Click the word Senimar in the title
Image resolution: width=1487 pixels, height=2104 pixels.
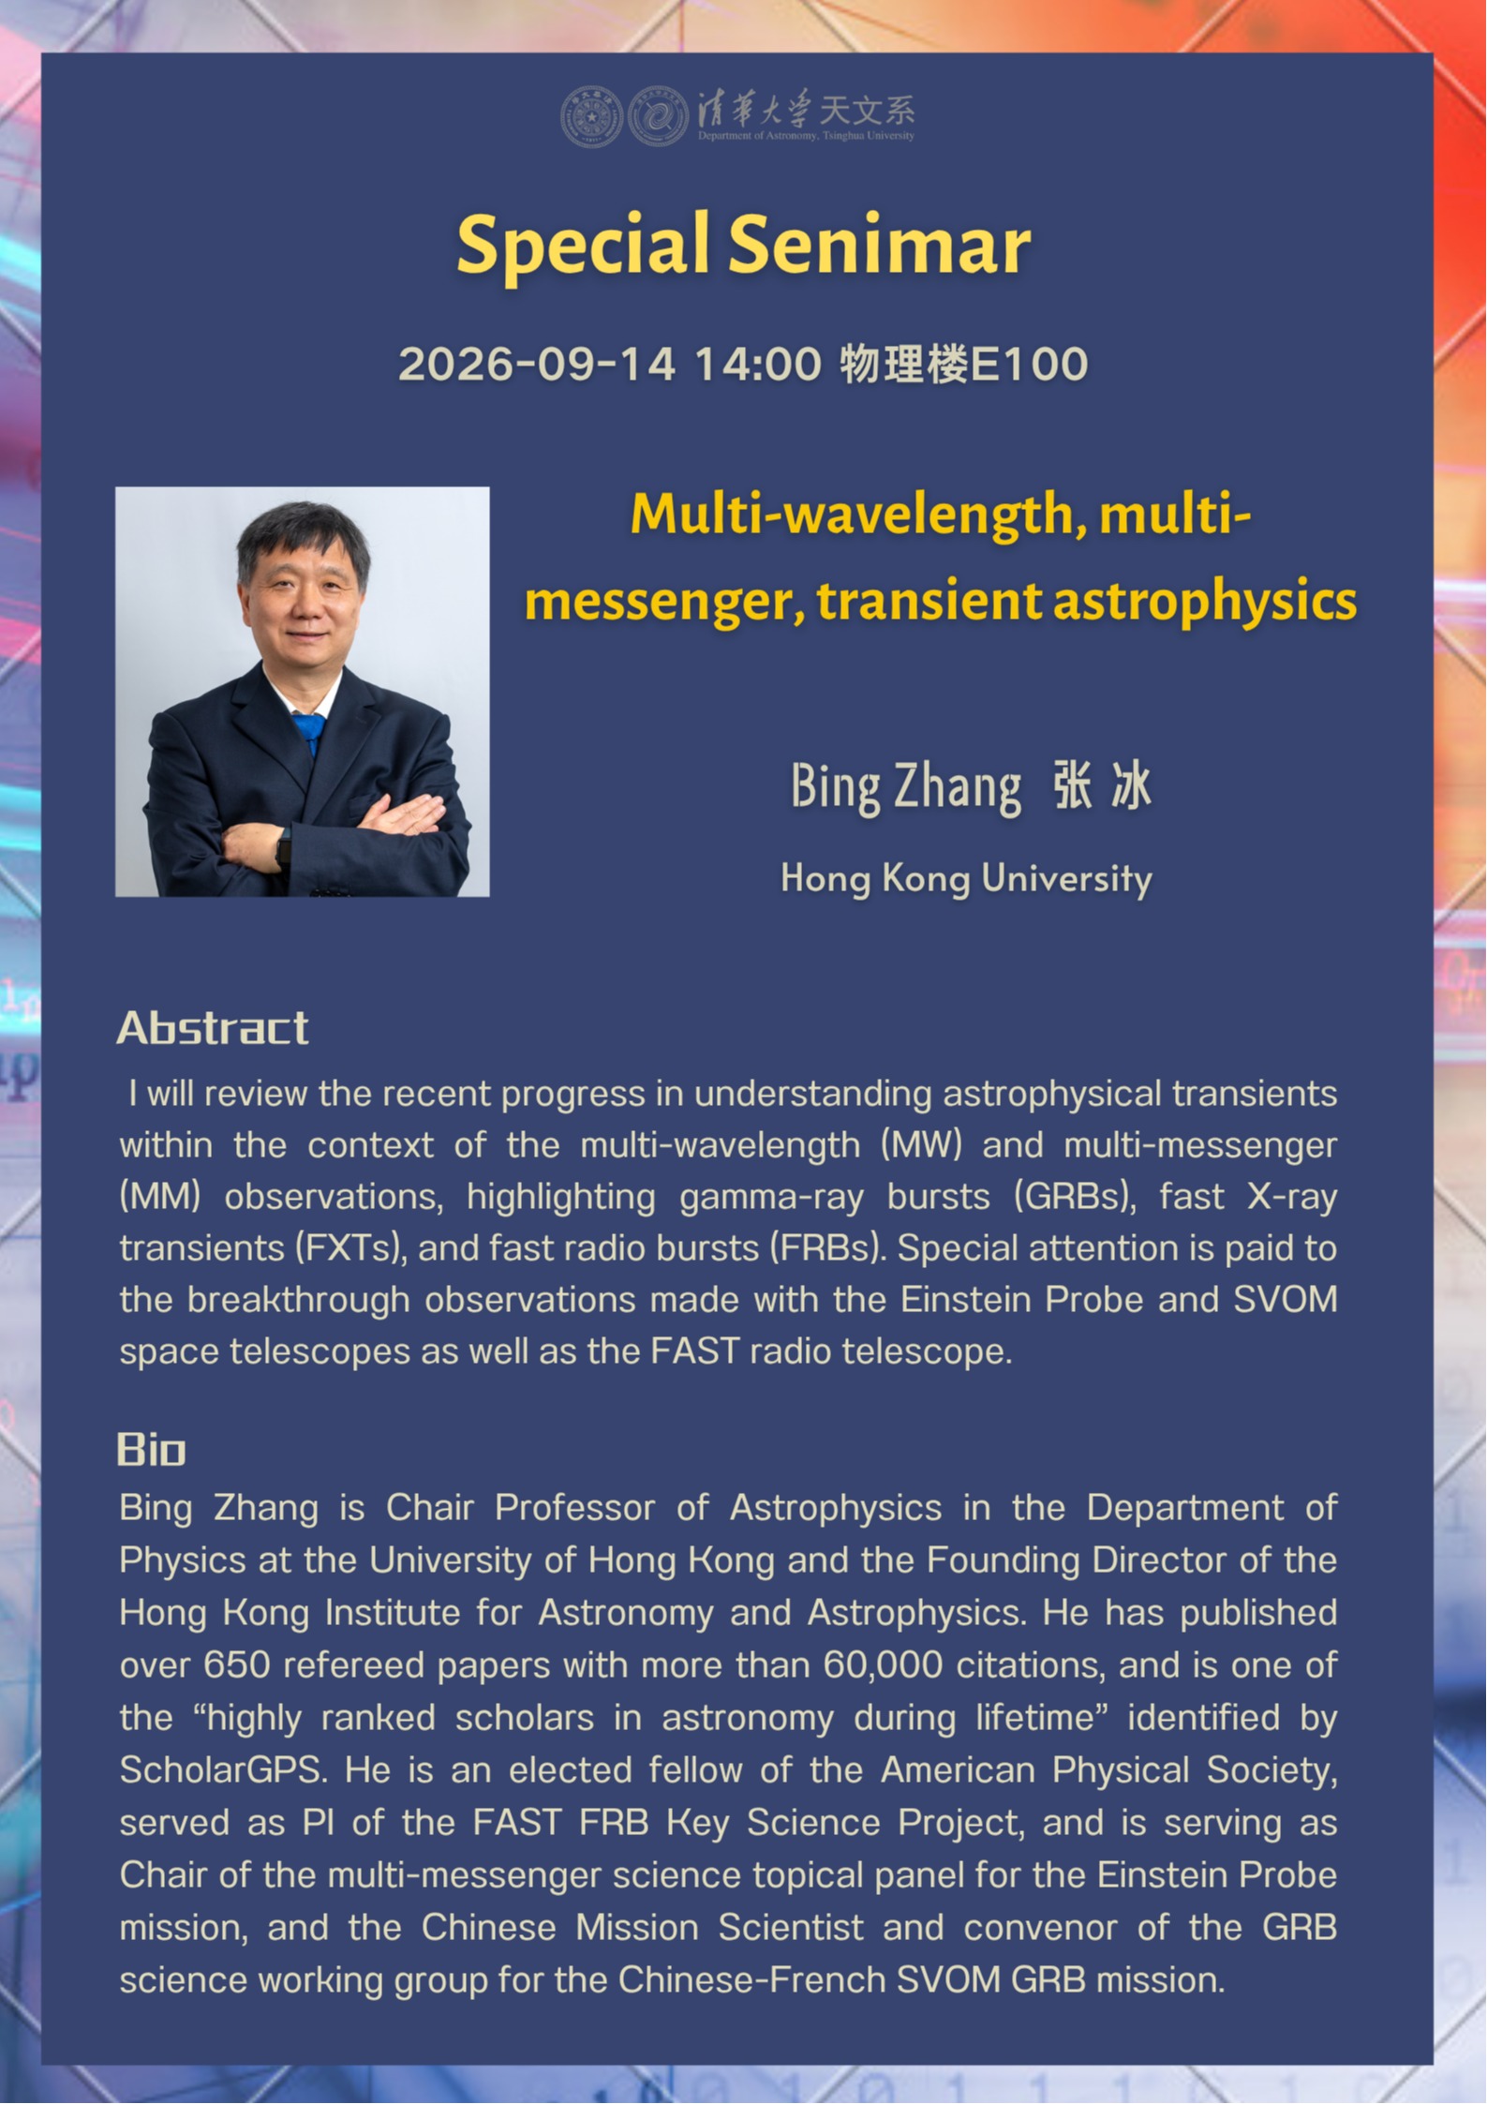tap(879, 245)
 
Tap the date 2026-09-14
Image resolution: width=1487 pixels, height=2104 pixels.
tap(537, 364)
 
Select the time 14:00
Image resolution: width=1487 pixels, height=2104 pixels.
tap(757, 364)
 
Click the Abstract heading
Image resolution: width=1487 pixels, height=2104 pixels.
tap(213, 1028)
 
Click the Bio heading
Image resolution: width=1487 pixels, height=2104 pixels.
tap(152, 1450)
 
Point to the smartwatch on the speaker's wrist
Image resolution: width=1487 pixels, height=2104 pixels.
tap(284, 847)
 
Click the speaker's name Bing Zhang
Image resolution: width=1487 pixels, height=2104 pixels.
tap(906, 787)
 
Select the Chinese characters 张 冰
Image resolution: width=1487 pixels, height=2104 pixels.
tap(1102, 785)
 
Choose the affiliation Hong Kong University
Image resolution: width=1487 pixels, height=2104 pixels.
tap(966, 880)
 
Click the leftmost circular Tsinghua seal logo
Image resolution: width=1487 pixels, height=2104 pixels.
tap(591, 117)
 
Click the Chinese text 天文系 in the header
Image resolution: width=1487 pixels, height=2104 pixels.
tap(868, 111)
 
